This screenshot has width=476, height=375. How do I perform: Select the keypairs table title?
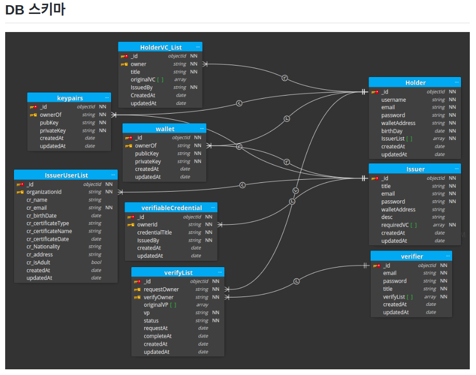coord(70,98)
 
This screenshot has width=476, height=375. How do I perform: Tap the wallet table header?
coord(165,129)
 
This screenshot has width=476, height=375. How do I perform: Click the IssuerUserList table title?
coord(66,175)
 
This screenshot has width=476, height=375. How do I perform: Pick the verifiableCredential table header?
coord(172,208)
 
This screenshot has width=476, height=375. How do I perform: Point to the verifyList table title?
coord(178,272)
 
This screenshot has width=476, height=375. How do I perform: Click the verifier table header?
coord(412,256)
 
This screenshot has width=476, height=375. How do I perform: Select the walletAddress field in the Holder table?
coord(398,123)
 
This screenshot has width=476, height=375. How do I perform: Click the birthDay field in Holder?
coord(392,131)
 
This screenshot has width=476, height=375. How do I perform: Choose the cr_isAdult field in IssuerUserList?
coord(38,262)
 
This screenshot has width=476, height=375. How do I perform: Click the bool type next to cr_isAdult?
coord(96,262)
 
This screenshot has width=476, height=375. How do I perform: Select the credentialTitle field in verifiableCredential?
coord(155,232)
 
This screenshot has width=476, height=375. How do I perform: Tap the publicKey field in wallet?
coord(147,153)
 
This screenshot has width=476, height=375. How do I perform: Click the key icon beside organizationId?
coord(20,192)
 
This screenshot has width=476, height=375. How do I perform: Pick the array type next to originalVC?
coord(180,80)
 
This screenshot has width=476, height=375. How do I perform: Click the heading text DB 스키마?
coord(35,10)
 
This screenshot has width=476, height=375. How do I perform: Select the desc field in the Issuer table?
coord(387,217)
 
